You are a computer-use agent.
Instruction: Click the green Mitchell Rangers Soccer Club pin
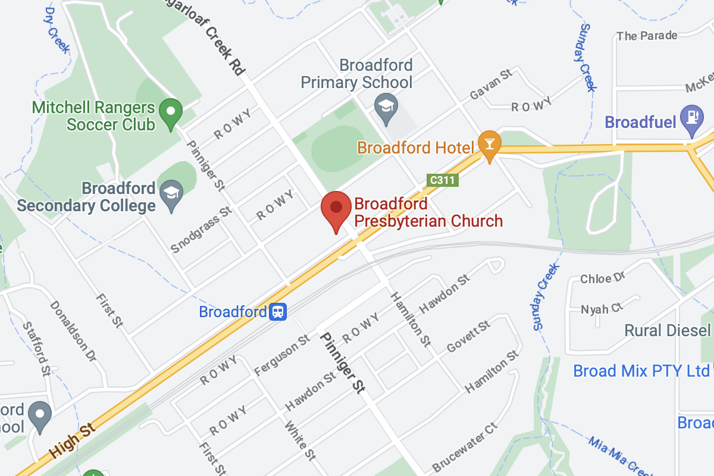[x=172, y=112]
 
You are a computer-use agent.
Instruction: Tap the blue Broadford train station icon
[x=278, y=312]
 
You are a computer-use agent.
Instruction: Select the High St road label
[x=73, y=440]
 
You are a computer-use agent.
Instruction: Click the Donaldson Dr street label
[x=73, y=331]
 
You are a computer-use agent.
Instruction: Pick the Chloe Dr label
[x=603, y=278]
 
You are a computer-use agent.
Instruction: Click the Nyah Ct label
[x=601, y=308]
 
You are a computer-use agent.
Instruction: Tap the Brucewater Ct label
[x=465, y=447]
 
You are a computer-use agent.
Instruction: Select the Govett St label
[x=468, y=336]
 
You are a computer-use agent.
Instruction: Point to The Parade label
[x=647, y=36]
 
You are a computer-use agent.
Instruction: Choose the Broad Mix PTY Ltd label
[x=641, y=371]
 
